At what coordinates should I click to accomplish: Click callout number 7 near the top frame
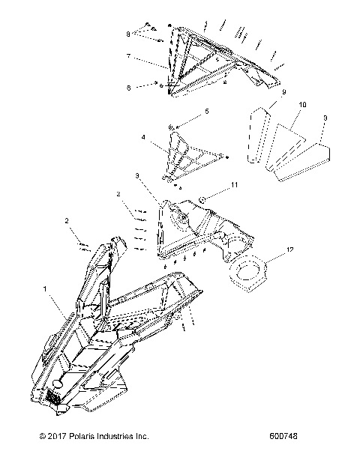click(x=128, y=55)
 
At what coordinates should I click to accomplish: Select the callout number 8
click(x=128, y=34)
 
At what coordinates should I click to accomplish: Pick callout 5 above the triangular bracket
click(x=197, y=110)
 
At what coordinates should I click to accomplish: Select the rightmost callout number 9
click(x=323, y=118)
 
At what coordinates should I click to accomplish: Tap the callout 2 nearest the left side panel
click(x=67, y=221)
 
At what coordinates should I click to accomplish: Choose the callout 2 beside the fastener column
click(x=118, y=193)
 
